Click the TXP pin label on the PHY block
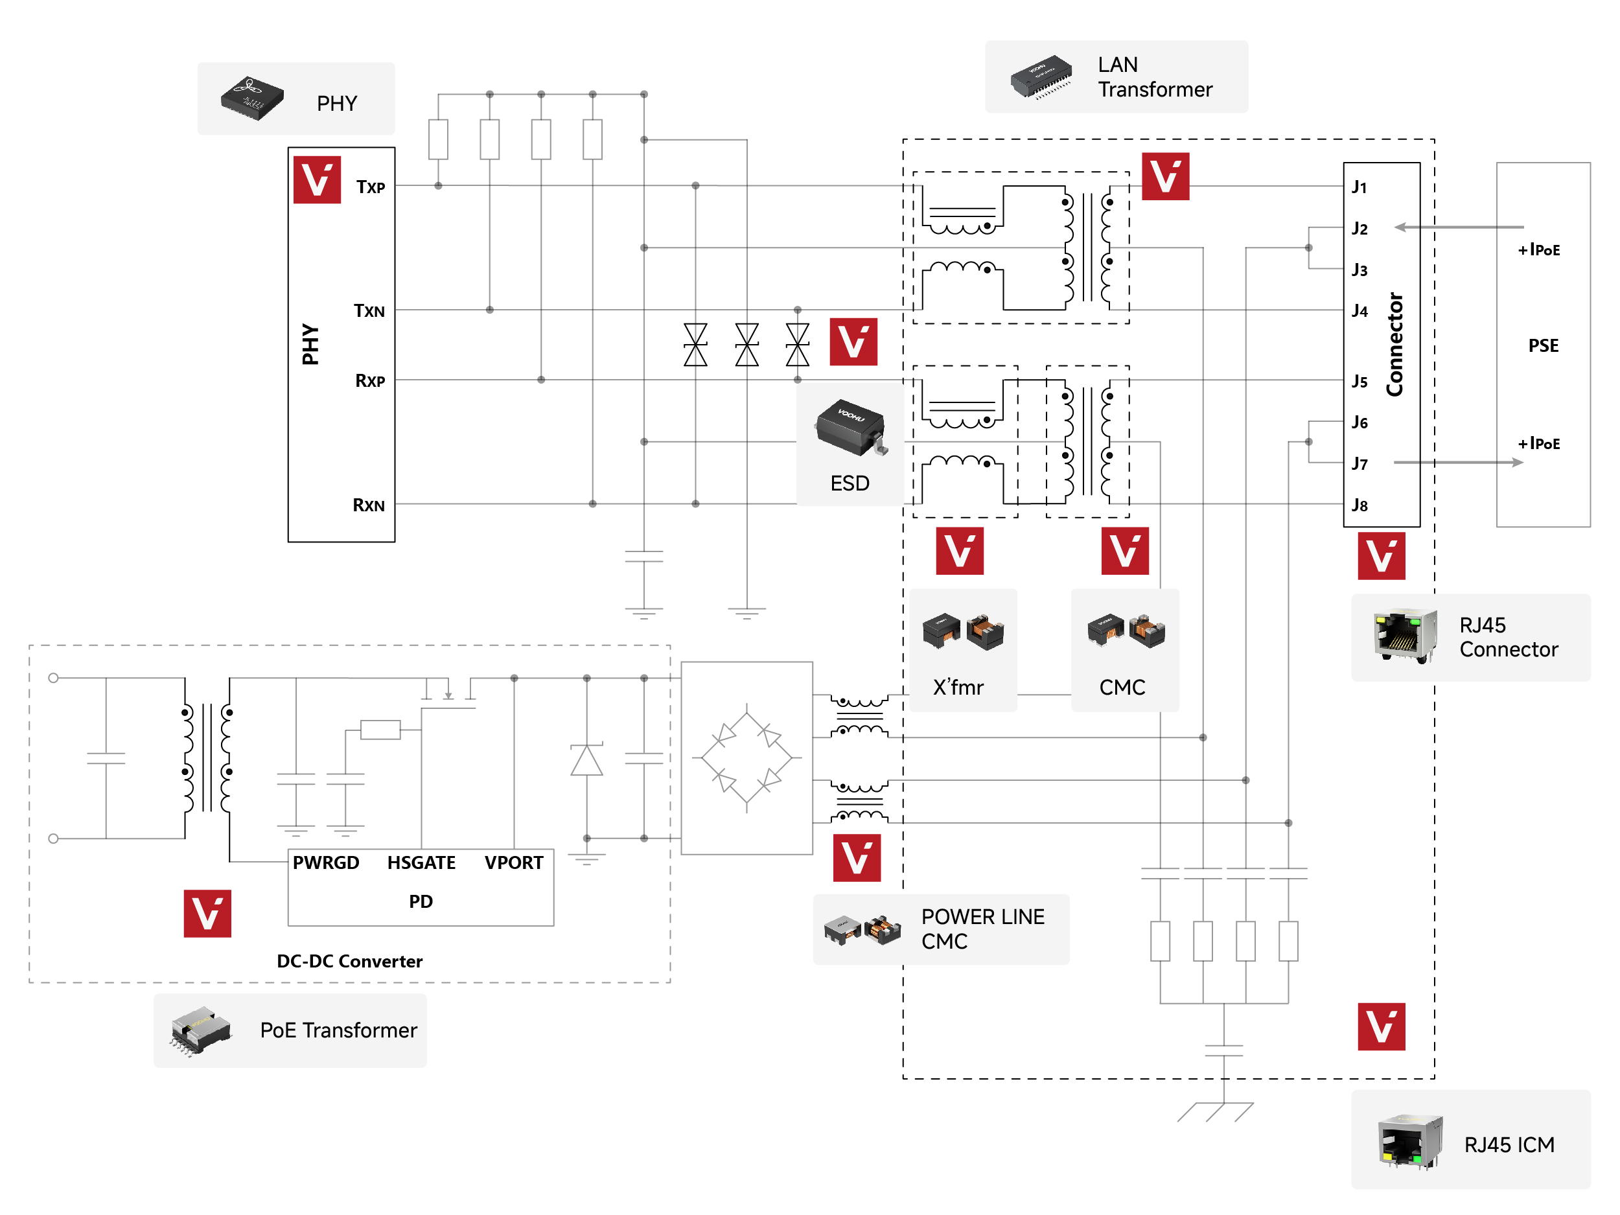coord(371,187)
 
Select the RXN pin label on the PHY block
coord(368,505)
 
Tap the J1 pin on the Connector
coord(1360,187)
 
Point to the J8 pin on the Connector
coord(1360,505)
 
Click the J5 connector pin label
coord(1360,382)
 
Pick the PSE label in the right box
coord(1543,345)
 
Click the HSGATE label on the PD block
coord(421,862)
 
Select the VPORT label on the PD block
coord(513,862)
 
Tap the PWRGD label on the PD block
coord(326,862)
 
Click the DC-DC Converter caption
coord(349,961)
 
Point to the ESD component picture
coord(851,428)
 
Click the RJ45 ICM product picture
coord(1410,1142)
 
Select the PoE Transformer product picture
coord(200,1030)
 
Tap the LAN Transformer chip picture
coord(1041,76)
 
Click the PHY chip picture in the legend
coord(253,98)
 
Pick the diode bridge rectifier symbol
coord(746,758)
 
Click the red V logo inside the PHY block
coord(317,179)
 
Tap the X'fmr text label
coord(958,688)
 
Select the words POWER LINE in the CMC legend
coord(982,917)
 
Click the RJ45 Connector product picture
coord(1405,636)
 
